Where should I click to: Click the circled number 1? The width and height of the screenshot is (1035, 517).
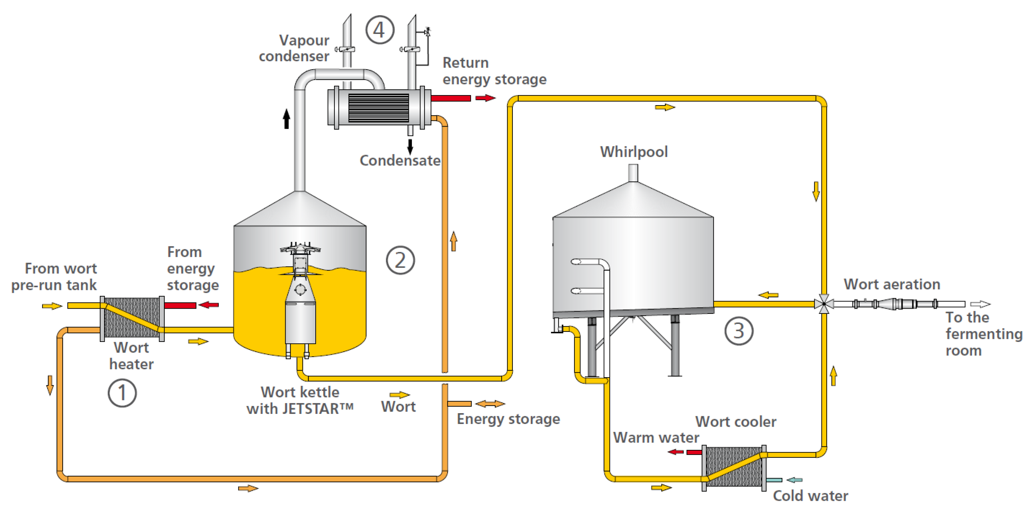coord(122,393)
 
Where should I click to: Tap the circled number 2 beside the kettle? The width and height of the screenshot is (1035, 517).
coord(400,260)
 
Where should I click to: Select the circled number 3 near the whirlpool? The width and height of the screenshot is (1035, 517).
coord(738,331)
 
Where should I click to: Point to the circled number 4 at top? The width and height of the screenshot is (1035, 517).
coord(379,30)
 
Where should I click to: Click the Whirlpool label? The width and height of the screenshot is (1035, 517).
coord(634,152)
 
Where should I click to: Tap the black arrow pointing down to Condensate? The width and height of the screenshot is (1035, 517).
coord(410,147)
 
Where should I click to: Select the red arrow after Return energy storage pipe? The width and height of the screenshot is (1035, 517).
coord(485,98)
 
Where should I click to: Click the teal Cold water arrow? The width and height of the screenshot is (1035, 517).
coord(794,480)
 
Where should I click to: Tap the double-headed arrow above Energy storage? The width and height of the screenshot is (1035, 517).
coord(490,404)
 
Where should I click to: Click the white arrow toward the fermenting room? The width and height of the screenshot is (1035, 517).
coord(980,304)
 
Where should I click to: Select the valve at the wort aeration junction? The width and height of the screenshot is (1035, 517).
coord(824,304)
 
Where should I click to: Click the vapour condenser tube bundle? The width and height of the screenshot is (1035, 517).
coord(378,108)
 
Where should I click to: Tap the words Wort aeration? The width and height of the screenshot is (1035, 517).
coord(892,284)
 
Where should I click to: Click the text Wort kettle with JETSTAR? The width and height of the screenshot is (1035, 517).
coord(300,400)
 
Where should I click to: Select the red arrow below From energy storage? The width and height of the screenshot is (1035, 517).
coord(209,305)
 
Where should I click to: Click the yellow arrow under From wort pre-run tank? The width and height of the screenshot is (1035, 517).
coord(52,306)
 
